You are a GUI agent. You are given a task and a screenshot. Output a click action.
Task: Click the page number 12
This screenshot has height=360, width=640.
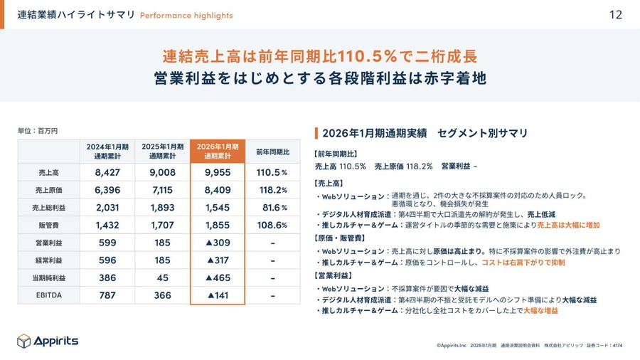coord(616,14)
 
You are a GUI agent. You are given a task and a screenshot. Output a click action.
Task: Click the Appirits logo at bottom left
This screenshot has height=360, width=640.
coord(48,342)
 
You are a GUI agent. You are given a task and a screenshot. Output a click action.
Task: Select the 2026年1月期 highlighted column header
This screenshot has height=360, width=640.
coord(218,151)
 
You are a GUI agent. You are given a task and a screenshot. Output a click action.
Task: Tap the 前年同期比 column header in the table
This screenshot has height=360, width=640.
coord(272,152)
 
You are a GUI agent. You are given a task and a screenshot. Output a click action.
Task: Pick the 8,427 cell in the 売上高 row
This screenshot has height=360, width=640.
coord(107,172)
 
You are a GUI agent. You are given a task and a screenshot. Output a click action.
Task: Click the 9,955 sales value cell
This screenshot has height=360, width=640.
coord(218,172)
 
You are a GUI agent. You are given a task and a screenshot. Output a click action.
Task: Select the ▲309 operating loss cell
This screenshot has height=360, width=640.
coord(218,243)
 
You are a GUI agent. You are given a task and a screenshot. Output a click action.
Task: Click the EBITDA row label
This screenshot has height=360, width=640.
coord(49,295)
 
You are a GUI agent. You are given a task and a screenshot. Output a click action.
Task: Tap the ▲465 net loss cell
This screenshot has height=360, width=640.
coord(218,277)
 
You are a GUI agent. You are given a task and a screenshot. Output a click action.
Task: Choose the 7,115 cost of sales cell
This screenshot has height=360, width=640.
coord(162,190)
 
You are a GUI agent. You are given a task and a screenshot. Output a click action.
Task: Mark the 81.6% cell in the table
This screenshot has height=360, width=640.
coord(274,208)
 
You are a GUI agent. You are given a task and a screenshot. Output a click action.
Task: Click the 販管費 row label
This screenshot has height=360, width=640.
coord(49,225)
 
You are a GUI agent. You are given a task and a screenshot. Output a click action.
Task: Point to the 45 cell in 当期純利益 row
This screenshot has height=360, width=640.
coord(162,277)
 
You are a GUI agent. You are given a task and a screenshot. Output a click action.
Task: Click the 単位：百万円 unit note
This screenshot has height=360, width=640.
coord(37,131)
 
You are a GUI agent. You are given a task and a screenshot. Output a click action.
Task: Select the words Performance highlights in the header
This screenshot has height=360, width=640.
coord(186,15)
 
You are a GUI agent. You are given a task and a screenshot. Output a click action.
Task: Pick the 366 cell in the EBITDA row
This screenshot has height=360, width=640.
coord(162,295)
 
